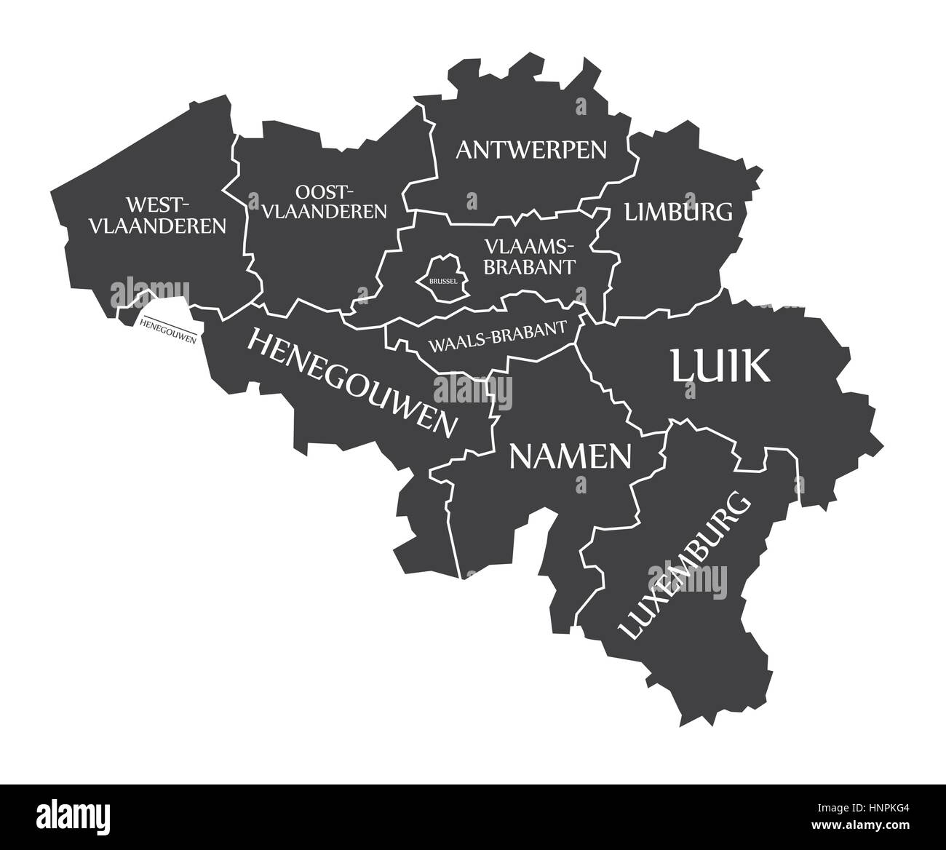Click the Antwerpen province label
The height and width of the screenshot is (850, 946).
[530, 150]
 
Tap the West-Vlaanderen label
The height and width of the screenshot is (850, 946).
[157, 215]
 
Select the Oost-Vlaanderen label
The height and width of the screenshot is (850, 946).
[324, 202]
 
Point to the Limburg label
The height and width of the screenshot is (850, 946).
[678, 212]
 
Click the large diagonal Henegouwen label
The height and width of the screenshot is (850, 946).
[354, 381]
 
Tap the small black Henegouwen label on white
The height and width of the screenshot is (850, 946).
[167, 329]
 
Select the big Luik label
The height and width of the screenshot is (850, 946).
[720, 366]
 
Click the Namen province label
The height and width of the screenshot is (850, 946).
[570, 456]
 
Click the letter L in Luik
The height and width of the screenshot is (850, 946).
[683, 366]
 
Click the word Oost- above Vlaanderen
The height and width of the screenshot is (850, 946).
[325, 191]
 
